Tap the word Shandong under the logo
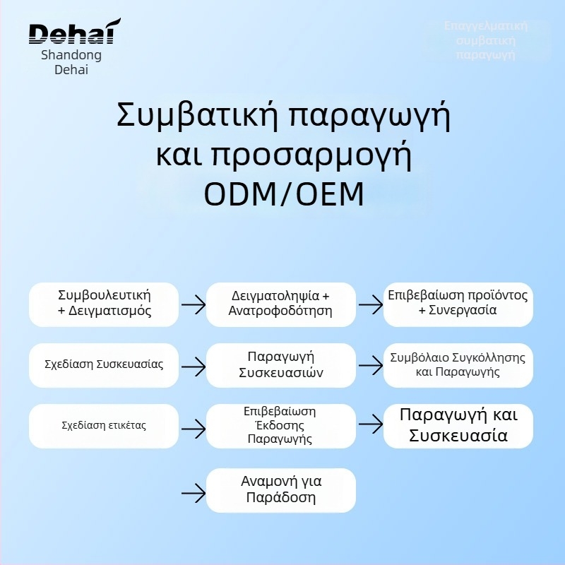point(71,55)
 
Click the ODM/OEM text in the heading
point(283,194)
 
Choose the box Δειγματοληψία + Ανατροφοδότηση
point(281,304)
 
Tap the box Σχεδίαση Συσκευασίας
point(104,365)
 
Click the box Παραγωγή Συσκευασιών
point(281,364)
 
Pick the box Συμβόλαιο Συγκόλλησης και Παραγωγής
point(458,364)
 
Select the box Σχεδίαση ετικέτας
point(104,426)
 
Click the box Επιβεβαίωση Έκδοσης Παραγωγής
point(281,425)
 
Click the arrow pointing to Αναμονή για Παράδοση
point(193,492)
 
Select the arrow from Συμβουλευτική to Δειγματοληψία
point(193,305)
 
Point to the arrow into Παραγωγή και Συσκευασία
point(370,426)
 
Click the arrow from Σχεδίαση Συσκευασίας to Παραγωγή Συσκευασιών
point(193,366)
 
